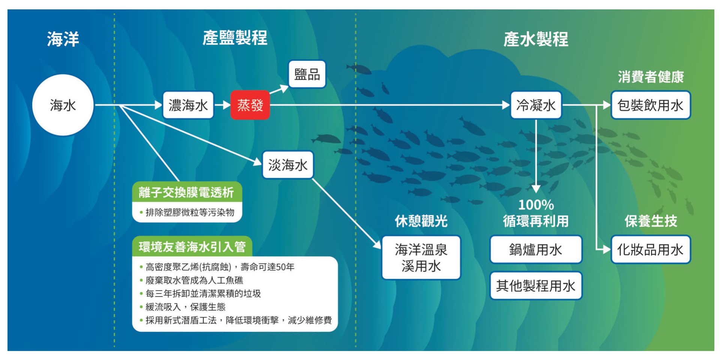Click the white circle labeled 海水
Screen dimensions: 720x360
tap(63, 105)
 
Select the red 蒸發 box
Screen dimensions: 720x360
tap(250, 105)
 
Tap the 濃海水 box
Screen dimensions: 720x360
tap(188, 105)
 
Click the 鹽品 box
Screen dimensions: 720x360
tap(307, 74)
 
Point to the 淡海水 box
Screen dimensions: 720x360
tap(288, 165)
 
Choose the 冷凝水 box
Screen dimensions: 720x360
tap(536, 105)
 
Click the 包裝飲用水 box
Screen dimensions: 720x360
tap(651, 105)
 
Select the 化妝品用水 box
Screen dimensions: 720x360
tap(651, 249)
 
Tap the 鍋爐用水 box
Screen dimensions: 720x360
tap(536, 249)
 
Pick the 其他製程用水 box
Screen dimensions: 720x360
tap(536, 286)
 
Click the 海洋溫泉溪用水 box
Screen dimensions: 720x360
tap(421, 258)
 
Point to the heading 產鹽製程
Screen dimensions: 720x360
tap(235, 38)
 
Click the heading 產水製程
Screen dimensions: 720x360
tap(536, 39)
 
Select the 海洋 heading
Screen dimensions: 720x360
tap(63, 39)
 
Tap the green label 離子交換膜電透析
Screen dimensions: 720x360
tap(187, 192)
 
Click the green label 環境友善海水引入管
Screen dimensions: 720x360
tap(192, 246)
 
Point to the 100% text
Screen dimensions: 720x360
tap(536, 205)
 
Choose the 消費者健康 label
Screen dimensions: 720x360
tap(651, 77)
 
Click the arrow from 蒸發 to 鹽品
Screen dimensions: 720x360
tap(279, 89)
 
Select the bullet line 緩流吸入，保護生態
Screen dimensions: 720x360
tap(183, 307)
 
